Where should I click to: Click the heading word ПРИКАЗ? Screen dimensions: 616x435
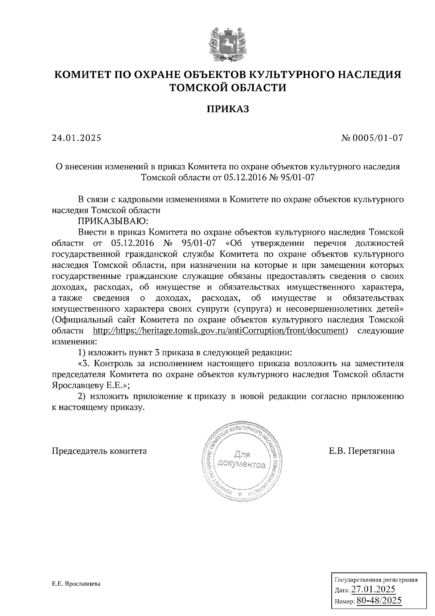point(228,109)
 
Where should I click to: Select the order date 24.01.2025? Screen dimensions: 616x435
point(76,138)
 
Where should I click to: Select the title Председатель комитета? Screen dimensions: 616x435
point(100,451)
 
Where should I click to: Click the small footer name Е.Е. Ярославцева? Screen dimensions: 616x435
point(76,584)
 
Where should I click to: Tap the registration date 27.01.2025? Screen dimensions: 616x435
point(375,588)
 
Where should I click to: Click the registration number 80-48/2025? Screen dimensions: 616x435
point(379,600)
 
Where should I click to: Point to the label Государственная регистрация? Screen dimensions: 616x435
point(376,579)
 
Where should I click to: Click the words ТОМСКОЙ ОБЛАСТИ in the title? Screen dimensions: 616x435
point(228,88)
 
